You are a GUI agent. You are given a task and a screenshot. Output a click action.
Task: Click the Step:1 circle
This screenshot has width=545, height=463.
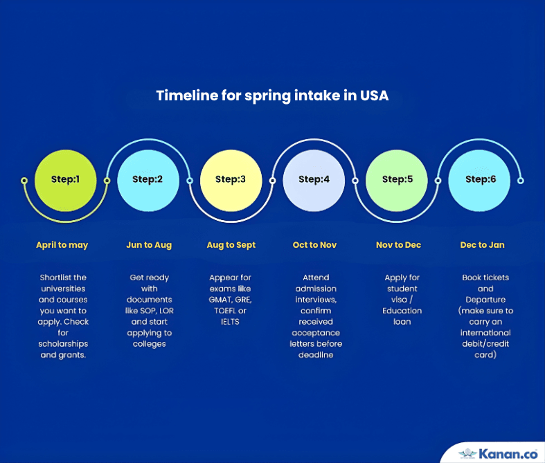pos(65,181)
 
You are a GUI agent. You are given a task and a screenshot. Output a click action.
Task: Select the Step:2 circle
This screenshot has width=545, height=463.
pos(148,181)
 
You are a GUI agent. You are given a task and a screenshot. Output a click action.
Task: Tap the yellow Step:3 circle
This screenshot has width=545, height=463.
pos(231,181)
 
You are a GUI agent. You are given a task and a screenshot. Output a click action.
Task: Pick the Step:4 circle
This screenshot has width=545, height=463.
pos(314,181)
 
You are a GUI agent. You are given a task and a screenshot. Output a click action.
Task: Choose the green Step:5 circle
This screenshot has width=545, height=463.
pos(397,181)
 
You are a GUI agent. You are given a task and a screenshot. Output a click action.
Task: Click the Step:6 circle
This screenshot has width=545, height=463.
pos(479,181)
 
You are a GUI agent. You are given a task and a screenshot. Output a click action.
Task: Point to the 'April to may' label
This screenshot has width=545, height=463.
pos(62,245)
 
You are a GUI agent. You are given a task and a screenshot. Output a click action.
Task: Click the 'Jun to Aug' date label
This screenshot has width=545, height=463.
pos(149,245)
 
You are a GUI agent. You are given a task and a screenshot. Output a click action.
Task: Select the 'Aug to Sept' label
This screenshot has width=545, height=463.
pos(231,245)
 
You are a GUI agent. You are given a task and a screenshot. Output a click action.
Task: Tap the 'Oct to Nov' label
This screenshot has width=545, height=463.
pos(314,245)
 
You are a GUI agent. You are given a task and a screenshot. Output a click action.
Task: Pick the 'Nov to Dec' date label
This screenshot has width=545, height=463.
pos(399,245)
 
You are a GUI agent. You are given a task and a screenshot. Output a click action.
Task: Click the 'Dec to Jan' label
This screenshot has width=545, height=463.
pos(483,245)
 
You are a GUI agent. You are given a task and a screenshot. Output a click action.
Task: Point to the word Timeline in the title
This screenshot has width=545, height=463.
pos(187,96)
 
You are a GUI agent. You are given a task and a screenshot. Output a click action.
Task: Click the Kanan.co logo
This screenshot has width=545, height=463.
pos(498,453)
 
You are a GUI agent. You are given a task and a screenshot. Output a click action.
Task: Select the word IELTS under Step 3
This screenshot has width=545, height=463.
pos(230,322)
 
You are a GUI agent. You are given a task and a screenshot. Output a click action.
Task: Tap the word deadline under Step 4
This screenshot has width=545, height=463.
pos(316,355)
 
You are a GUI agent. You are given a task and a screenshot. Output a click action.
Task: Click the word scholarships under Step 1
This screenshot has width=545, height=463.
pos(63,344)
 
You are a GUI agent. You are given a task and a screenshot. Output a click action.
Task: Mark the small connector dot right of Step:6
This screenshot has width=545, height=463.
pos(520,181)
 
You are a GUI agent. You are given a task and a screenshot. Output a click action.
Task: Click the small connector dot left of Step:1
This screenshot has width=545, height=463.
pos(24,181)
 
